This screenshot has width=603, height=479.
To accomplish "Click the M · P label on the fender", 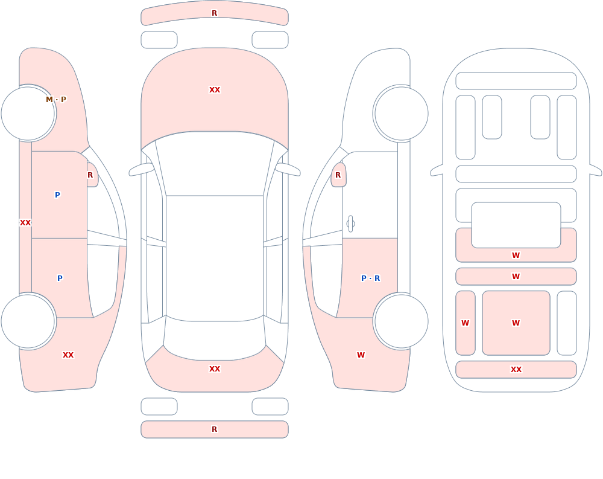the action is (56, 100).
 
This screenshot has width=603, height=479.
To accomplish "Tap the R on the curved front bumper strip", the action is (215, 13).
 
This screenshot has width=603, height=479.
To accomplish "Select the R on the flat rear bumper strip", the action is (215, 429).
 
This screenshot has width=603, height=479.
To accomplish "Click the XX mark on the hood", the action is (215, 90).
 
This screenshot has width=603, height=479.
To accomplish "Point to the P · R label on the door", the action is (371, 278).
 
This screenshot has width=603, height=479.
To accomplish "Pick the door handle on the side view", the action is (350, 224).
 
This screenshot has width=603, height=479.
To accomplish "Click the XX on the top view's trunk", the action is (215, 369).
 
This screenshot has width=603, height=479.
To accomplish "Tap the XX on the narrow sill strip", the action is (25, 223).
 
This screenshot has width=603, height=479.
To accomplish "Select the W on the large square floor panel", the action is (516, 323).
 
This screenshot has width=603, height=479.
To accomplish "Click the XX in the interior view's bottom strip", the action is (516, 370).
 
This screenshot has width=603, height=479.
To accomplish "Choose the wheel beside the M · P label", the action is (28, 114).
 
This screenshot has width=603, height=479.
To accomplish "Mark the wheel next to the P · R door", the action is (401, 321).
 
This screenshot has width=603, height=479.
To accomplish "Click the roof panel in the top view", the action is (215, 258).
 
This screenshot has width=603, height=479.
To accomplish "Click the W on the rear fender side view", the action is (361, 355).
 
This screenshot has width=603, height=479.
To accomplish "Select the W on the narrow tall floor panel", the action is (466, 323).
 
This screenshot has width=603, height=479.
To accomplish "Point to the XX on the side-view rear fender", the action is (68, 355).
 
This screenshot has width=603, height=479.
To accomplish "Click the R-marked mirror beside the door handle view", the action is (338, 175).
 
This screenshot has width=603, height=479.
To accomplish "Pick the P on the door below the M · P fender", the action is (57, 194).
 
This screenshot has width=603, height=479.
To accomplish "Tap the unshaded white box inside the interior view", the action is (516, 225).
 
